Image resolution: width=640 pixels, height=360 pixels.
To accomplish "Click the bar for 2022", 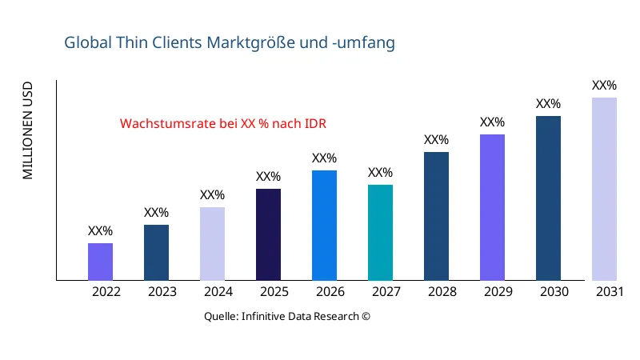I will (x=100, y=262).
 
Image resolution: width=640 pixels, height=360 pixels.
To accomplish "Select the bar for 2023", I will (x=156, y=253).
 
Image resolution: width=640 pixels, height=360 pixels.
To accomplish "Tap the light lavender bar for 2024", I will (x=212, y=244).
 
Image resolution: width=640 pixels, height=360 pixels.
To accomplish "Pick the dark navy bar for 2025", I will (x=268, y=234).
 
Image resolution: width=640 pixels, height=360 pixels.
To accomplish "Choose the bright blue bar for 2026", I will (x=324, y=226).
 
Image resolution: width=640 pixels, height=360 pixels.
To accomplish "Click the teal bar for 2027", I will (x=380, y=233).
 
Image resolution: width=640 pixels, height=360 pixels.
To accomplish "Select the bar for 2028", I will (x=436, y=216).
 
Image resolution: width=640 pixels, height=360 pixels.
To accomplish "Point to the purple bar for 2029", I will (x=492, y=207).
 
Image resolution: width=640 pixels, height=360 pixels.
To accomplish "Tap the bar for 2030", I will (x=548, y=198).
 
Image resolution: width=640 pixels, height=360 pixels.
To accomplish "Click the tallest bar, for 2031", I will (x=604, y=189).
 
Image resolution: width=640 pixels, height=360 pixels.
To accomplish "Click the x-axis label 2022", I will (x=106, y=292).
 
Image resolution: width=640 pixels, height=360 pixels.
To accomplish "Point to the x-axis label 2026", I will (x=330, y=292).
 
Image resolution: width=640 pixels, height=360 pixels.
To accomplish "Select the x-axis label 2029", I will (x=498, y=292).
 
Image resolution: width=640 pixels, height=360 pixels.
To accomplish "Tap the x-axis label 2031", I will (x=610, y=292).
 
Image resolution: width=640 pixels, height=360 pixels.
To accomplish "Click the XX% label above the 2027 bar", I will (x=380, y=173).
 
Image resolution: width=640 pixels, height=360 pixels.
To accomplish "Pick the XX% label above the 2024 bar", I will (x=212, y=195).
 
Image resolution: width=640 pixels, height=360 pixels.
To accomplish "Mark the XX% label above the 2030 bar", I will (x=548, y=104).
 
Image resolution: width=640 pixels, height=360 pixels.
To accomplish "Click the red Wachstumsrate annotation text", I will (x=223, y=124).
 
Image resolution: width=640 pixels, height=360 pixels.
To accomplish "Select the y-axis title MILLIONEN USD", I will (x=28, y=130).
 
